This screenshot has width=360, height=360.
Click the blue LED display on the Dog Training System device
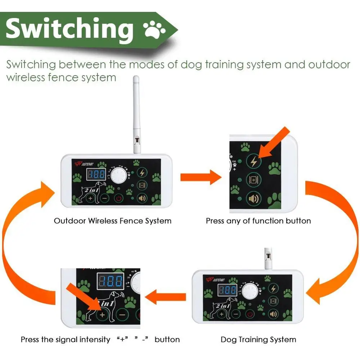[227, 290]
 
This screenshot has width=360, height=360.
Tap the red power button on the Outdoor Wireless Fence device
[118, 198]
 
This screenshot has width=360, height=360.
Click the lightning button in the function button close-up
[253, 161]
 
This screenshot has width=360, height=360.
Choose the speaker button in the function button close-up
[253, 198]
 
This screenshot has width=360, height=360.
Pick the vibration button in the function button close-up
[253, 180]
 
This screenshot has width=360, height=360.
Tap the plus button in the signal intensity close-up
[102, 314]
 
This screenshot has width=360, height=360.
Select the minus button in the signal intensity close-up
[122, 314]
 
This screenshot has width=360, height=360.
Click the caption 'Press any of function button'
[258, 221]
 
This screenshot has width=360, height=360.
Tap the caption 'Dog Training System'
[258, 339]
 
